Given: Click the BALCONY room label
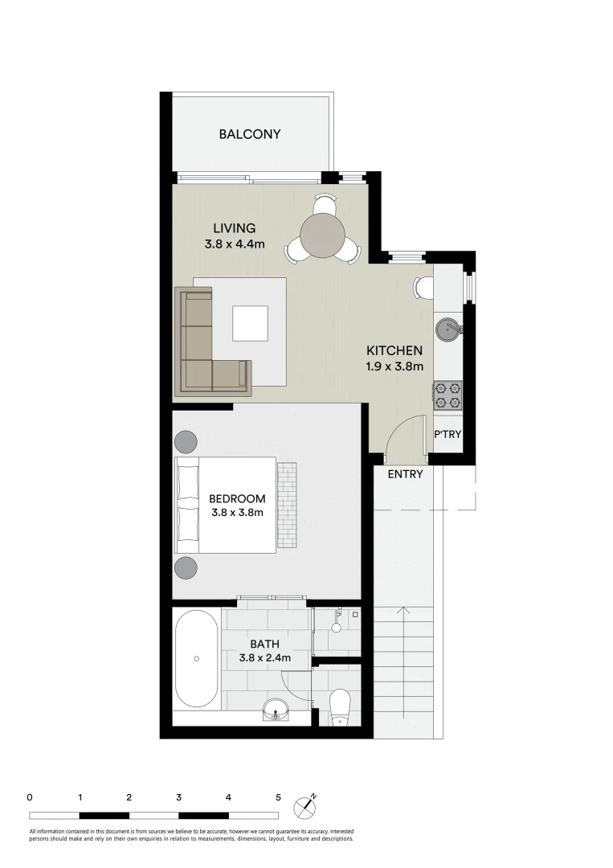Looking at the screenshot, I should [x=250, y=134].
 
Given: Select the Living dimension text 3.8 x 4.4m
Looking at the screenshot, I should [x=235, y=244].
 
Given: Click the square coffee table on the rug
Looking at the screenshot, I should [x=251, y=324].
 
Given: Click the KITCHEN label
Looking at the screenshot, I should [x=394, y=350].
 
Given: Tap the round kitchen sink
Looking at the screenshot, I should [x=447, y=328].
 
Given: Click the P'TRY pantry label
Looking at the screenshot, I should [x=447, y=434].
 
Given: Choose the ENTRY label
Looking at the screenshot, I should [x=405, y=474].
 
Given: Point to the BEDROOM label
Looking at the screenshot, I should [x=237, y=498].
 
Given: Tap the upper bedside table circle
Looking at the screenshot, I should [x=186, y=442].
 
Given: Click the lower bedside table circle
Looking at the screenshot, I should [x=186, y=568].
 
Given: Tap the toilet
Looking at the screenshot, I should [x=341, y=704].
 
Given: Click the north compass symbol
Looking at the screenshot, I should [x=306, y=805].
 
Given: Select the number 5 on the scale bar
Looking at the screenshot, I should [x=278, y=798].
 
